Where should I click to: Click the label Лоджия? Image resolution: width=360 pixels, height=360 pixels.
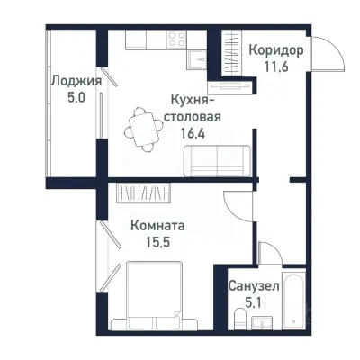(75, 80)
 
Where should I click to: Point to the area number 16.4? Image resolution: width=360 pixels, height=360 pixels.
(192, 130)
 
